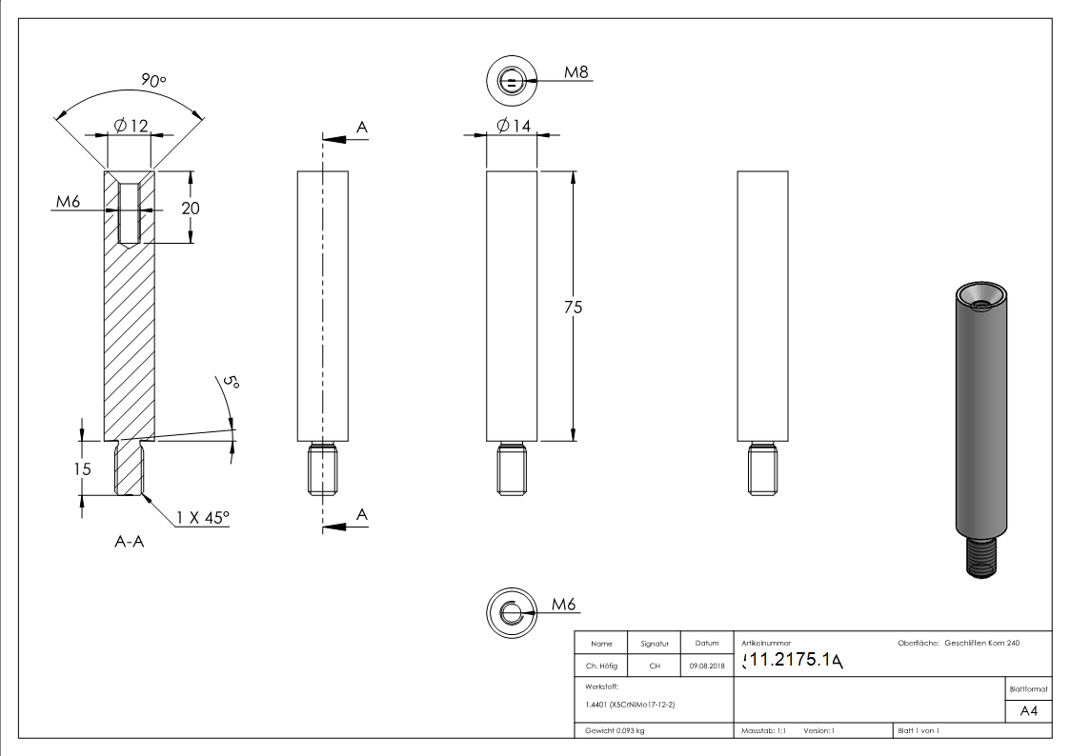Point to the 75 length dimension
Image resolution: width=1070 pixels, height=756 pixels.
coord(573,307)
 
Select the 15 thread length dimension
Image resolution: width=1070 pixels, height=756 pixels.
coord(83,468)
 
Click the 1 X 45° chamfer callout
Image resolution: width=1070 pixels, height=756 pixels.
coord(202,518)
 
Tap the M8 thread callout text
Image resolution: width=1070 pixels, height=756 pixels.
coord(575,72)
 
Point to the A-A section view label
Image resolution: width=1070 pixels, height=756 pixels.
coord(130,544)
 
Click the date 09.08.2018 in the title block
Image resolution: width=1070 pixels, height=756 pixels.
coord(706,666)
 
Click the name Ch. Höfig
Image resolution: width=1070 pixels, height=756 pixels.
coord(601,666)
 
